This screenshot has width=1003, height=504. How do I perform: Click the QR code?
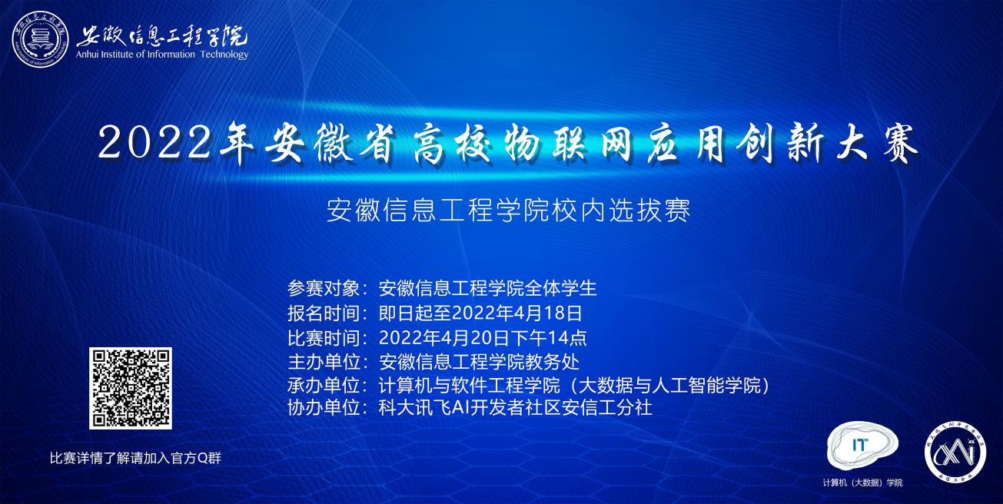(131, 388)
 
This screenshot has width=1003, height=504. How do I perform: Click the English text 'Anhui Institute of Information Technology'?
(162, 55)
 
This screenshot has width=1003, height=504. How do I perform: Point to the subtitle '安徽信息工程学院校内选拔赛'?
(509, 211)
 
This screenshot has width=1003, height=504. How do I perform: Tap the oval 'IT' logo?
(862, 446)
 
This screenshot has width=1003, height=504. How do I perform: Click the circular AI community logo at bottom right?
(955, 453)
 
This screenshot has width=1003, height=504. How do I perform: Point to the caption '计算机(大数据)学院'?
(862, 482)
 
